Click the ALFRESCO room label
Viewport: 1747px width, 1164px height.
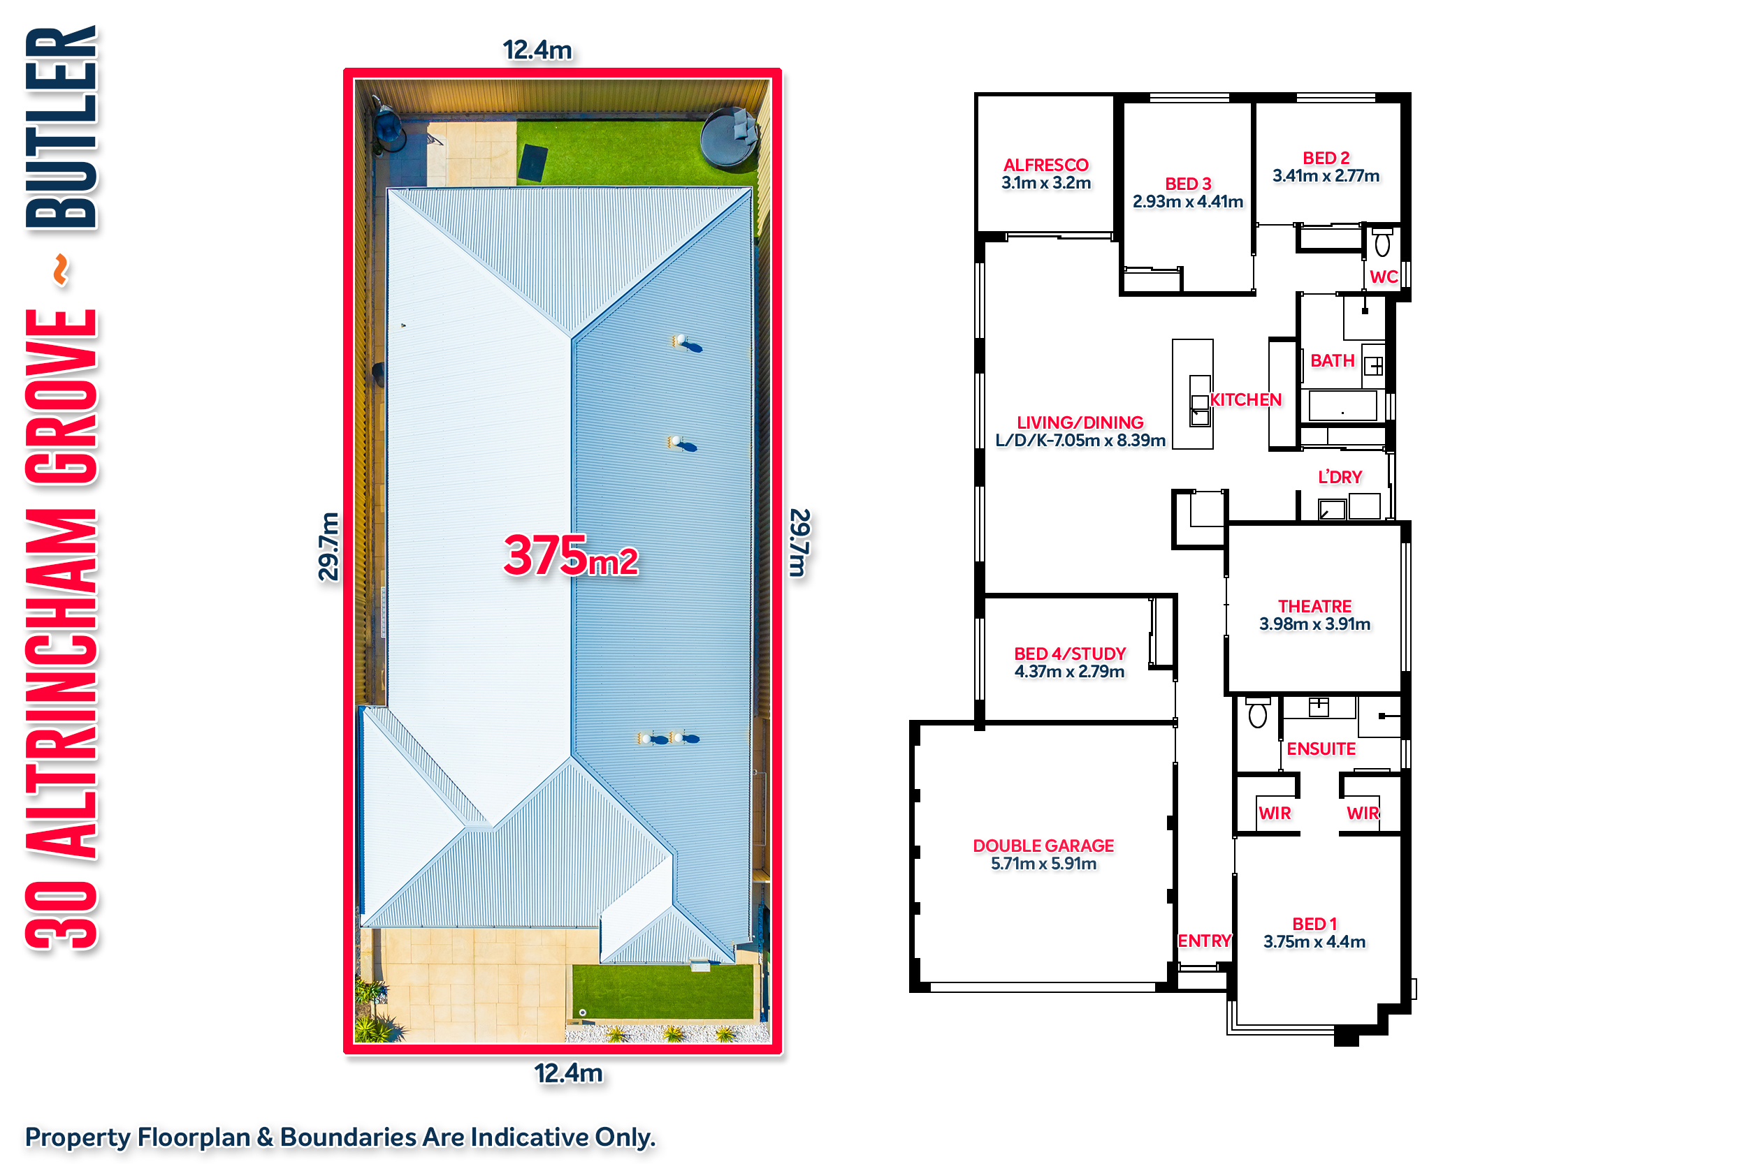(1046, 165)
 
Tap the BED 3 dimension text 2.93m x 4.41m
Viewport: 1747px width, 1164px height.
(1188, 201)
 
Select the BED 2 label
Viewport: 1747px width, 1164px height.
(1326, 158)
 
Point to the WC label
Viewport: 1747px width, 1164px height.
(1384, 277)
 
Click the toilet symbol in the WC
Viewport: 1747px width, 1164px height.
(1382, 243)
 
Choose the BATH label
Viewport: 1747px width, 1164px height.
(1333, 361)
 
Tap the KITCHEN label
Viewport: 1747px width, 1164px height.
(1246, 399)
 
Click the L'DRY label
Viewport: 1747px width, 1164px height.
(1340, 478)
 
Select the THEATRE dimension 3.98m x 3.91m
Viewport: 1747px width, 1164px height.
(1314, 624)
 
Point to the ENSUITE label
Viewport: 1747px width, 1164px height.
(1321, 749)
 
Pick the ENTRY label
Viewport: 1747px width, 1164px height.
(1205, 941)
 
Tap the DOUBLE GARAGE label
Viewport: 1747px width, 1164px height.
(1043, 846)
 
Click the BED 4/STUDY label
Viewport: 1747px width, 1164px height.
(1071, 654)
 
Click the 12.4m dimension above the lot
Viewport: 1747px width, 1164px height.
(537, 50)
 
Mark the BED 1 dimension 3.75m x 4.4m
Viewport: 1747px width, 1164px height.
(1314, 942)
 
